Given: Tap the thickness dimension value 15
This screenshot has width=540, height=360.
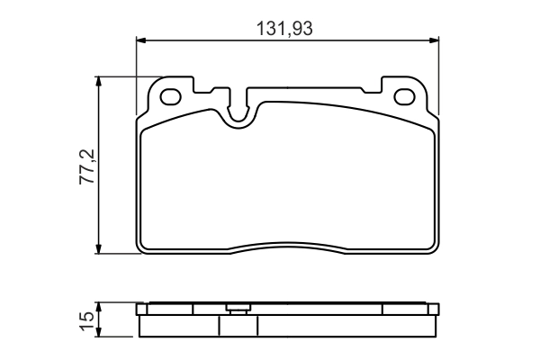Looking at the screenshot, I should pyautogui.click(x=87, y=319).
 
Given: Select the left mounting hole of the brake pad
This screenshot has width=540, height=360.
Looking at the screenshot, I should pyautogui.click(x=172, y=95).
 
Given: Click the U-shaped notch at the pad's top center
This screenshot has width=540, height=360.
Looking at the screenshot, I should pyautogui.click(x=239, y=110).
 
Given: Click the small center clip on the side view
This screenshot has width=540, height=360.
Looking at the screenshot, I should pyautogui.click(x=238, y=310).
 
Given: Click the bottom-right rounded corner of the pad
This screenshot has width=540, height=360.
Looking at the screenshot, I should pyautogui.click(x=433, y=247).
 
